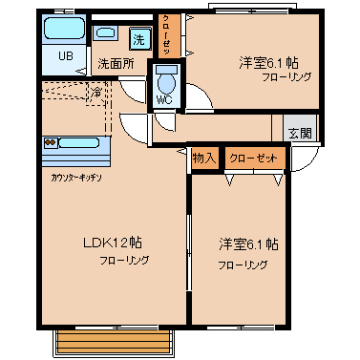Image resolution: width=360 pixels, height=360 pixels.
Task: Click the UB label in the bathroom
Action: point(65,55)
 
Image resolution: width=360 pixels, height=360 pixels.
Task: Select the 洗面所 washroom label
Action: point(115,65)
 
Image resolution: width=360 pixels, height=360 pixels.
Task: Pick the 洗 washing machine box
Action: point(138,39)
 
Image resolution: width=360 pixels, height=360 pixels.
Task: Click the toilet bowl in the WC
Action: point(165,76)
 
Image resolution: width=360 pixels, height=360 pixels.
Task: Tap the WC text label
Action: point(164,97)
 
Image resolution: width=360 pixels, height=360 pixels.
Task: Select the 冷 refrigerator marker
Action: point(96,93)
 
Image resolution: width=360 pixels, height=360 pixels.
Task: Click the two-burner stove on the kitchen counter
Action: point(55,143)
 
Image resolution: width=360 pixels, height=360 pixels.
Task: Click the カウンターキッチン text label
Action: point(76,178)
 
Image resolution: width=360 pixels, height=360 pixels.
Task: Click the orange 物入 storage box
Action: point(203,157)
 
